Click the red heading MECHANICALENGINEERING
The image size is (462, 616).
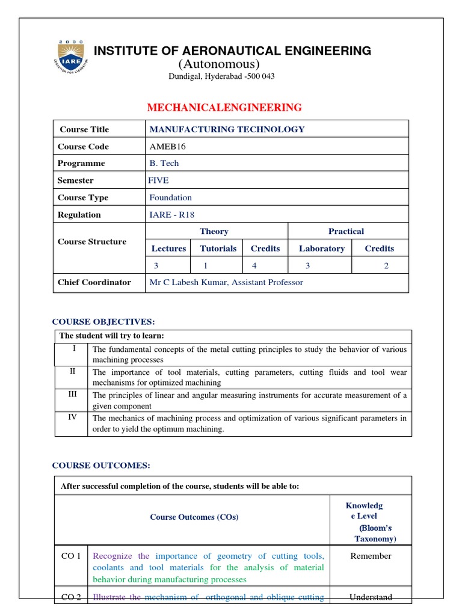pyautogui.click(x=224, y=108)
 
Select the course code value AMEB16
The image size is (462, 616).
pyautogui.click(x=163, y=146)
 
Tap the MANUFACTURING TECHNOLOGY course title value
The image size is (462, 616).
pyautogui.click(x=227, y=129)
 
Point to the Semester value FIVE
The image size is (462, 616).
pyautogui.click(x=158, y=180)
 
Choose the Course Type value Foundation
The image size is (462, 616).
pyautogui.click(x=170, y=197)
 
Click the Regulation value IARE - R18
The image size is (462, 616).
pyautogui.click(x=171, y=215)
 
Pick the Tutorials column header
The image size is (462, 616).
pyautogui.click(x=218, y=248)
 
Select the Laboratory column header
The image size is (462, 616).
pyautogui.click(x=322, y=248)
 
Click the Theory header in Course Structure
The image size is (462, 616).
pyautogui.click(x=214, y=231)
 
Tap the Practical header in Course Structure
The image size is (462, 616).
pyautogui.click(x=346, y=231)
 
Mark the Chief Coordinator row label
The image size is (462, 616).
pyautogui.click(x=94, y=282)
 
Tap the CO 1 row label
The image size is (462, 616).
pyautogui.click(x=71, y=556)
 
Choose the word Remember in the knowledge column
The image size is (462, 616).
pyautogui.click(x=371, y=556)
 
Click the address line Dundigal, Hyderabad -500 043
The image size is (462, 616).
pyautogui.click(x=221, y=77)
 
